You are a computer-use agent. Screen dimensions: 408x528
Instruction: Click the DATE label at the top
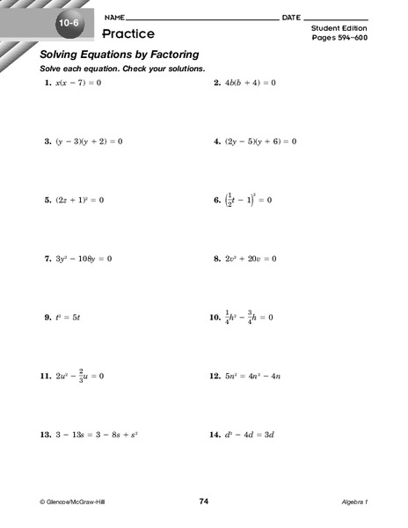point(292,18)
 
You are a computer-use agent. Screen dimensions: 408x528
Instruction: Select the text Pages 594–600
point(341,41)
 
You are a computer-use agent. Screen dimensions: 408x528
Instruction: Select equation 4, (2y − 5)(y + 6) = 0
point(260,141)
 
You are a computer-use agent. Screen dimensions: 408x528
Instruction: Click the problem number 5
point(47,200)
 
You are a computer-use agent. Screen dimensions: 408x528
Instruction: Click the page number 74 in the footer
point(204,501)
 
